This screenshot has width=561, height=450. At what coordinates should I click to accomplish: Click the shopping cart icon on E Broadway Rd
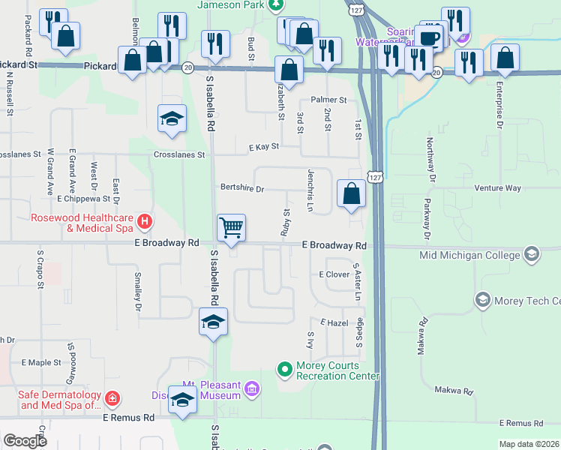[x=231, y=227]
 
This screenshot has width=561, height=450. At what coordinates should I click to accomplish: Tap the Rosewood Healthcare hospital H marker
[x=145, y=221]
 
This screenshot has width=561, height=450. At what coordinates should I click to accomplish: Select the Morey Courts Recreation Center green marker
[x=284, y=368]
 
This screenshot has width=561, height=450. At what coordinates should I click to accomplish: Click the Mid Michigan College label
[x=469, y=255]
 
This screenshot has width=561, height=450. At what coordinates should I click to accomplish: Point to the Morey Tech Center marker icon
[x=483, y=301]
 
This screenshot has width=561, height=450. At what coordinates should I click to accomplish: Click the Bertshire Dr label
[x=241, y=189]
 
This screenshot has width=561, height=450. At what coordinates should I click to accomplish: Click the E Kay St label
[x=264, y=147]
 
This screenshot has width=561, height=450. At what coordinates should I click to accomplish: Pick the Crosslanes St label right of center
[x=179, y=154]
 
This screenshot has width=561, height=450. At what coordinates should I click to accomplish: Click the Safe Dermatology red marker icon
[x=112, y=397]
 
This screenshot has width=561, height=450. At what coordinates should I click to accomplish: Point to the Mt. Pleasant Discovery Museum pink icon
[x=252, y=388]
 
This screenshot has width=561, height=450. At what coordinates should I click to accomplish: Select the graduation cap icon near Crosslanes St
[x=172, y=118]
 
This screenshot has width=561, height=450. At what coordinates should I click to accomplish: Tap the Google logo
[x=25, y=441]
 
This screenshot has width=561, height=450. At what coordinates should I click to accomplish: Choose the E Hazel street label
[x=334, y=322]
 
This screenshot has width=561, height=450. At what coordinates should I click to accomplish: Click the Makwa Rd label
[x=454, y=391]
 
